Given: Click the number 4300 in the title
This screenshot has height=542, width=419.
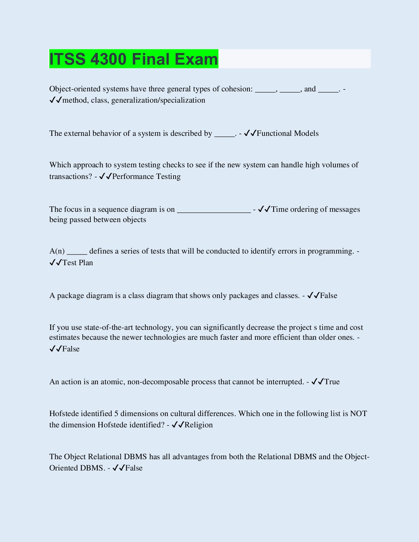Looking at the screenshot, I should click(x=109, y=59).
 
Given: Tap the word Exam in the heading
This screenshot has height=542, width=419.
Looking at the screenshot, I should click(x=196, y=59).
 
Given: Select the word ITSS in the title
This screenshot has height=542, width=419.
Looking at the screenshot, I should click(x=67, y=59).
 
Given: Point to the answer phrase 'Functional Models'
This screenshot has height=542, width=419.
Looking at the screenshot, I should click(x=288, y=133).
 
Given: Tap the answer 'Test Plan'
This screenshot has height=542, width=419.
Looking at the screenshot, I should click(x=78, y=263).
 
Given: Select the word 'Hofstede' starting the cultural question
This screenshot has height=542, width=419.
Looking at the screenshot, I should click(x=64, y=414).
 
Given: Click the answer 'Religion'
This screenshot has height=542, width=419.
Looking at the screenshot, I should click(x=199, y=425).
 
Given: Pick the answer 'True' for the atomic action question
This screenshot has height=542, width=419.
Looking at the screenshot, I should click(x=332, y=382).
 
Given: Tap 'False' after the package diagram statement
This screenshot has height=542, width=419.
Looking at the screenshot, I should click(x=329, y=296).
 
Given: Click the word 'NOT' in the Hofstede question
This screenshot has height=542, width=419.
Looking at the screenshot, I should click(x=358, y=414).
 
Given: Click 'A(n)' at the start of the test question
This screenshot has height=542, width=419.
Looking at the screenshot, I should click(x=57, y=251).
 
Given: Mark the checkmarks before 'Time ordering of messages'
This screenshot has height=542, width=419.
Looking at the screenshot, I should click(x=264, y=209).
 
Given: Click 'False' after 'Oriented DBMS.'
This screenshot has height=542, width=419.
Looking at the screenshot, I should click(x=134, y=468).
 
